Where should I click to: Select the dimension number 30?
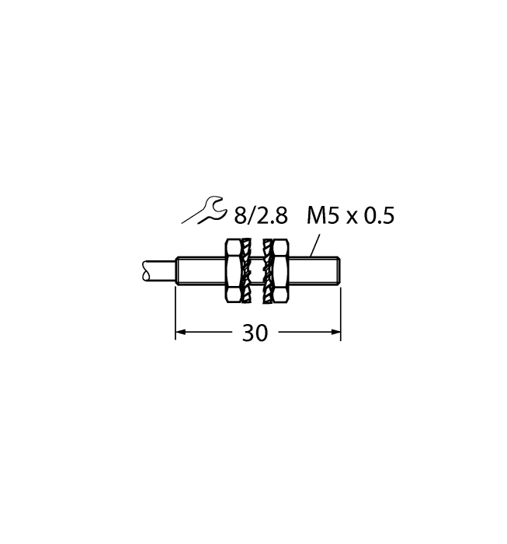pyautogui.click(x=255, y=333)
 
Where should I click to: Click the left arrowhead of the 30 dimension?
pyautogui.click(x=180, y=333)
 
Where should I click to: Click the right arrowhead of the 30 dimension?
pyautogui.click(x=335, y=333)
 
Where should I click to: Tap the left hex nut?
pyautogui.click(x=231, y=270)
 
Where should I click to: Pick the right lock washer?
pyautogui.click(x=269, y=270)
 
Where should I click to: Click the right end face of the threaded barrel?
pyautogui.click(x=341, y=270)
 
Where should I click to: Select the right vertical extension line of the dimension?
pyautogui.click(x=342, y=311)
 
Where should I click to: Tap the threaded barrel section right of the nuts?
pyautogui.click(x=314, y=270)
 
